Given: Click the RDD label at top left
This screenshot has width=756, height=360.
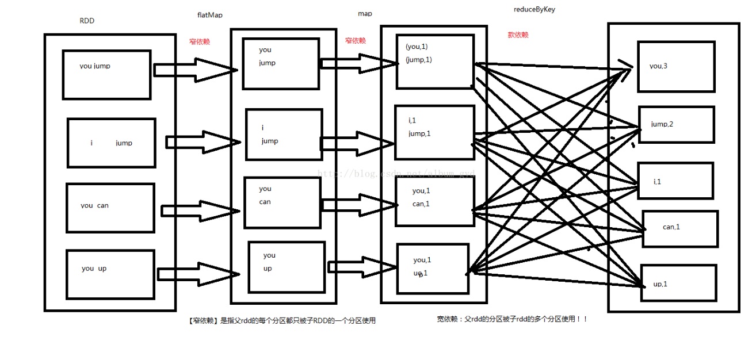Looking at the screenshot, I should pyautogui.click(x=87, y=21).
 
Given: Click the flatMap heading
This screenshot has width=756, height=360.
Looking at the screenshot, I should pyautogui.click(x=209, y=14).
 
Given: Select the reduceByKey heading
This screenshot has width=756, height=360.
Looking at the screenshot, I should pyautogui.click(x=534, y=9).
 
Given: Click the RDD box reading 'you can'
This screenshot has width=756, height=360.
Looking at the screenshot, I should pyautogui.click(x=110, y=208).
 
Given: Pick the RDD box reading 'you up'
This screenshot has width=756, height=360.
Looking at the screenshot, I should pyautogui.click(x=110, y=274).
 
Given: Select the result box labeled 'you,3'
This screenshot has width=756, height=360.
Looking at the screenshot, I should pyautogui.click(x=676, y=67).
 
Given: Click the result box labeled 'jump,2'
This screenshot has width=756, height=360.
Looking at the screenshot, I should pyautogui.click(x=676, y=125).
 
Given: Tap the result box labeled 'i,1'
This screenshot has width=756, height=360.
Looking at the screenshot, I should pyautogui.click(x=675, y=181).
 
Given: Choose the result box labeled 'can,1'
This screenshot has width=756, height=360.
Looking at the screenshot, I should pyautogui.click(x=679, y=229).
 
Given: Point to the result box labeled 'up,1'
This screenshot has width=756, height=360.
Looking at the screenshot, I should pyautogui.click(x=678, y=283).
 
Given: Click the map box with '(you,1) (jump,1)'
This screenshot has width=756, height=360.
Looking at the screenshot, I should pyautogui.click(x=435, y=62).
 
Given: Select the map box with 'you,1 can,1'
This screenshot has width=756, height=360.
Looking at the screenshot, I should pyautogui.click(x=434, y=201).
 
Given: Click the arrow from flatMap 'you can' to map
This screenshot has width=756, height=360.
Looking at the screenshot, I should pyautogui.click(x=359, y=205).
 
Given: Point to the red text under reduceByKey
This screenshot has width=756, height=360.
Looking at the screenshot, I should pyautogui.click(x=518, y=35).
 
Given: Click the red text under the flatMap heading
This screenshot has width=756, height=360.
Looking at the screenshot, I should pyautogui.click(x=200, y=42).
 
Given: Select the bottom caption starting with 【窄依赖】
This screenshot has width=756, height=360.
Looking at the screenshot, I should pyautogui.click(x=282, y=321).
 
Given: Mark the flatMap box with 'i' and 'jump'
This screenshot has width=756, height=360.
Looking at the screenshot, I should pyautogui.click(x=284, y=135).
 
